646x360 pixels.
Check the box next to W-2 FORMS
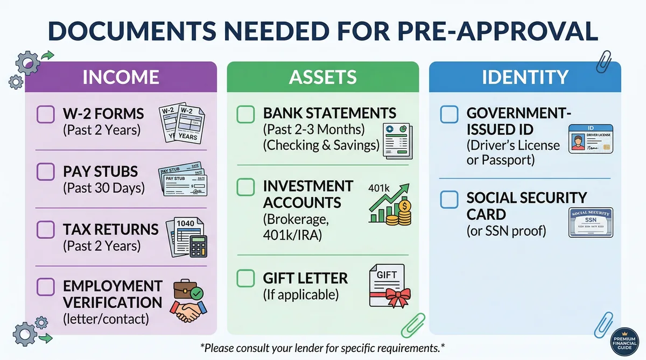(x=45, y=114)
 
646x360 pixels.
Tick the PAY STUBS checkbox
(x=45, y=172)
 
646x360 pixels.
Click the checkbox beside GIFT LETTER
(x=246, y=278)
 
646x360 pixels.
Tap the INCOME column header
(x=121, y=77)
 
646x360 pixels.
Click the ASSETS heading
(x=322, y=77)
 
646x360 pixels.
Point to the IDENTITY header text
(x=525, y=77)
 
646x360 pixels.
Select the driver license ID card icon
(x=591, y=140)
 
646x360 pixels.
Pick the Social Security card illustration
(x=591, y=222)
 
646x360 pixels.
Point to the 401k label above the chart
(x=378, y=188)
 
